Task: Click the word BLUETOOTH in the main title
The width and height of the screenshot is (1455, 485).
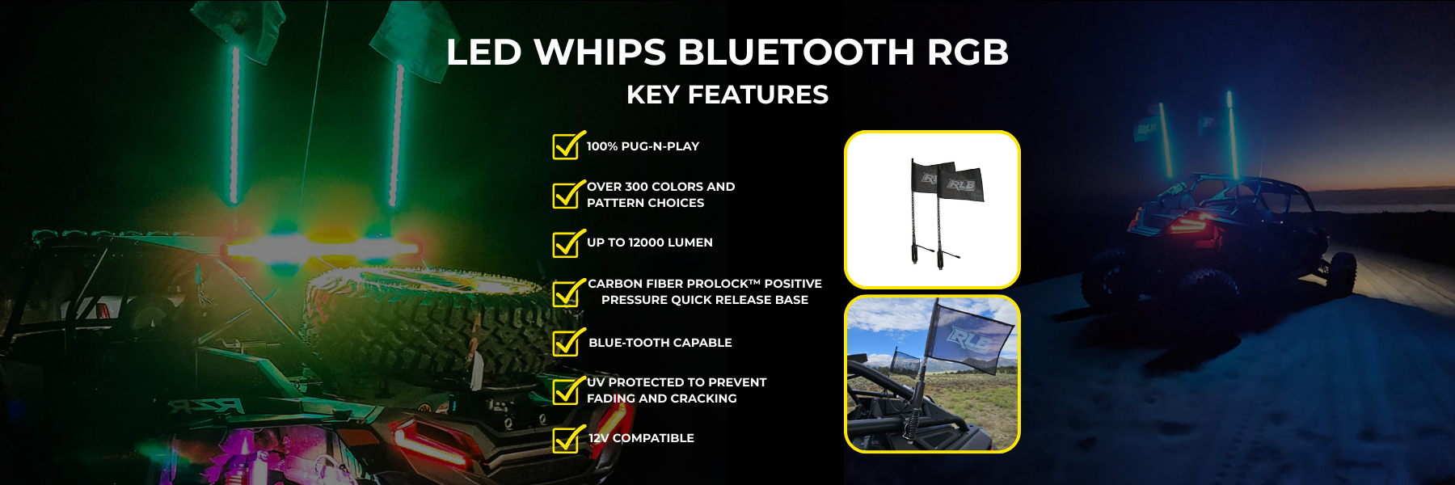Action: (796, 53)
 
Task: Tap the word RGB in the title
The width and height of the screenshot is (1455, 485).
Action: (968, 53)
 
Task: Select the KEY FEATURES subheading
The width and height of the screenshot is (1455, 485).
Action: (727, 95)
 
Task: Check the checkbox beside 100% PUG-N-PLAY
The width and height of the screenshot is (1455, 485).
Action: (567, 145)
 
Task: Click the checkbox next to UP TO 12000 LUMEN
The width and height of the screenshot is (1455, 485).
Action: (567, 242)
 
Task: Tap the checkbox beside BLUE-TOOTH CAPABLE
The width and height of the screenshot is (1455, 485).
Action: (567, 342)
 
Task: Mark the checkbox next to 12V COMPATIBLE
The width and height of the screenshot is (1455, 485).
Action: (567, 439)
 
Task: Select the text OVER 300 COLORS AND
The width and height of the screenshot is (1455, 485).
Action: (661, 187)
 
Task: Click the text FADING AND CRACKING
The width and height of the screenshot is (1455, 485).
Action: (662, 399)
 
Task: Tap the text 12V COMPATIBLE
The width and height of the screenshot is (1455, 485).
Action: (642, 438)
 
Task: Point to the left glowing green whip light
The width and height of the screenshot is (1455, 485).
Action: (234, 125)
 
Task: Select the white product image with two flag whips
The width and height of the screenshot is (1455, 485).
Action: (932, 209)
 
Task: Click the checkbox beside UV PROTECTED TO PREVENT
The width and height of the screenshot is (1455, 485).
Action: (567, 390)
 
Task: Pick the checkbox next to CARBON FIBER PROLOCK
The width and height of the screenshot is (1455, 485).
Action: (567, 293)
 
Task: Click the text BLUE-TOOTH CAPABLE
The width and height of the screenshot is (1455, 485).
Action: (660, 343)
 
